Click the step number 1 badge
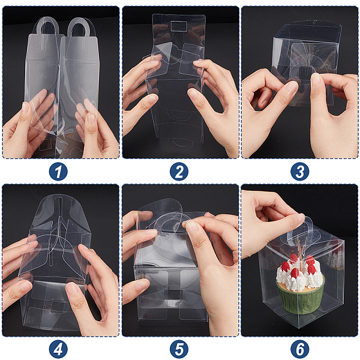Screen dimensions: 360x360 click(58, 172)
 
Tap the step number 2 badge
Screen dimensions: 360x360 click(179, 172)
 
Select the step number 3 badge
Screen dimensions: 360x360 click(300, 172)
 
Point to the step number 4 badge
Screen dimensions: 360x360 click(58, 349)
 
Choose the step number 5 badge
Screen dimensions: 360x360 click(179, 349)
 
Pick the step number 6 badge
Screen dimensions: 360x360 click(300, 349)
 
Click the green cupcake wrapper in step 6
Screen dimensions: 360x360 click(301, 299)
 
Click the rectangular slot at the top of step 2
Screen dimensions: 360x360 click(179, 26)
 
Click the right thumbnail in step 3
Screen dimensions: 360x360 click(316, 78)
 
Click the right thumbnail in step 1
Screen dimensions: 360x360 click(92, 118)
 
